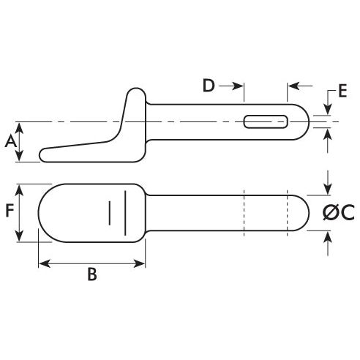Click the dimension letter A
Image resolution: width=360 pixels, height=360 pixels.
[x=10, y=142]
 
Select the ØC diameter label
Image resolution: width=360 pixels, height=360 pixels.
[x=338, y=213]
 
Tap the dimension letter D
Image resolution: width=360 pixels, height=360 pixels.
[x=209, y=86]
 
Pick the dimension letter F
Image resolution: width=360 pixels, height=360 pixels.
[x=10, y=212]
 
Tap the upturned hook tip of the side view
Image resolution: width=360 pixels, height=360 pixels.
[x=136, y=93]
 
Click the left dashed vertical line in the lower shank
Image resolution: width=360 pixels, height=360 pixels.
[x=244, y=213]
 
